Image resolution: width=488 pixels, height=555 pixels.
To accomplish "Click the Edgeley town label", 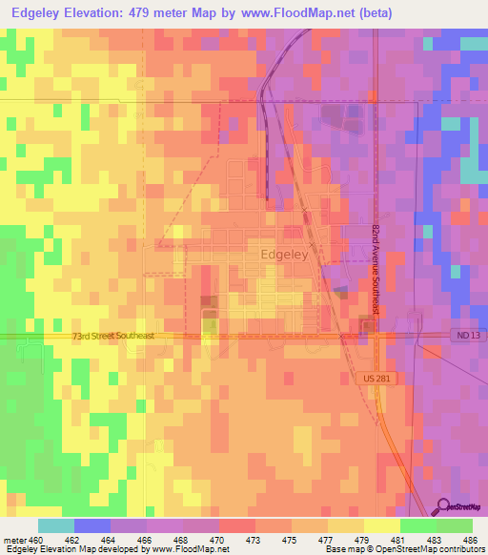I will [x=284, y=255].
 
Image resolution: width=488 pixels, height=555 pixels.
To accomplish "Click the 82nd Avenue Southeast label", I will [x=376, y=273].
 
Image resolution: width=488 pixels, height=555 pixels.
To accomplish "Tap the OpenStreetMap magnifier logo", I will [x=442, y=507].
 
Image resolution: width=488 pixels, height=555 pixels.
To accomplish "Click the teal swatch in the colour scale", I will [x=55, y=525].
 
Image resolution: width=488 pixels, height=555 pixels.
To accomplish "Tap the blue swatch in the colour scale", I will [x=91, y=525].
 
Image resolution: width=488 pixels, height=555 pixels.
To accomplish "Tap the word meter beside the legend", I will [x=16, y=540].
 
